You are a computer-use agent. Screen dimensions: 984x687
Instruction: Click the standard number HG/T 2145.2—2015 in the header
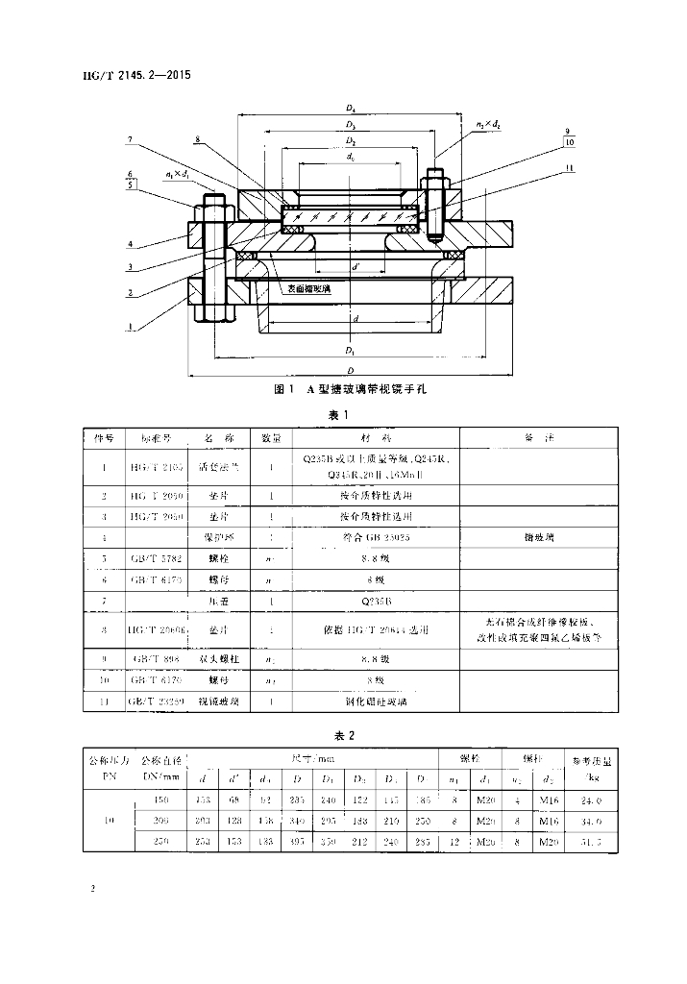click(x=130, y=74)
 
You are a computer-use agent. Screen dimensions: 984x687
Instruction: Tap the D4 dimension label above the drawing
click(x=352, y=109)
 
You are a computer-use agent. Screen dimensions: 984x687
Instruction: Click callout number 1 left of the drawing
click(x=130, y=327)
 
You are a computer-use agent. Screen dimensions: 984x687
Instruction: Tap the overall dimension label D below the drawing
click(x=352, y=369)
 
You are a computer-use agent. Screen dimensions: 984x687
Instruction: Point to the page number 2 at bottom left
click(x=91, y=891)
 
